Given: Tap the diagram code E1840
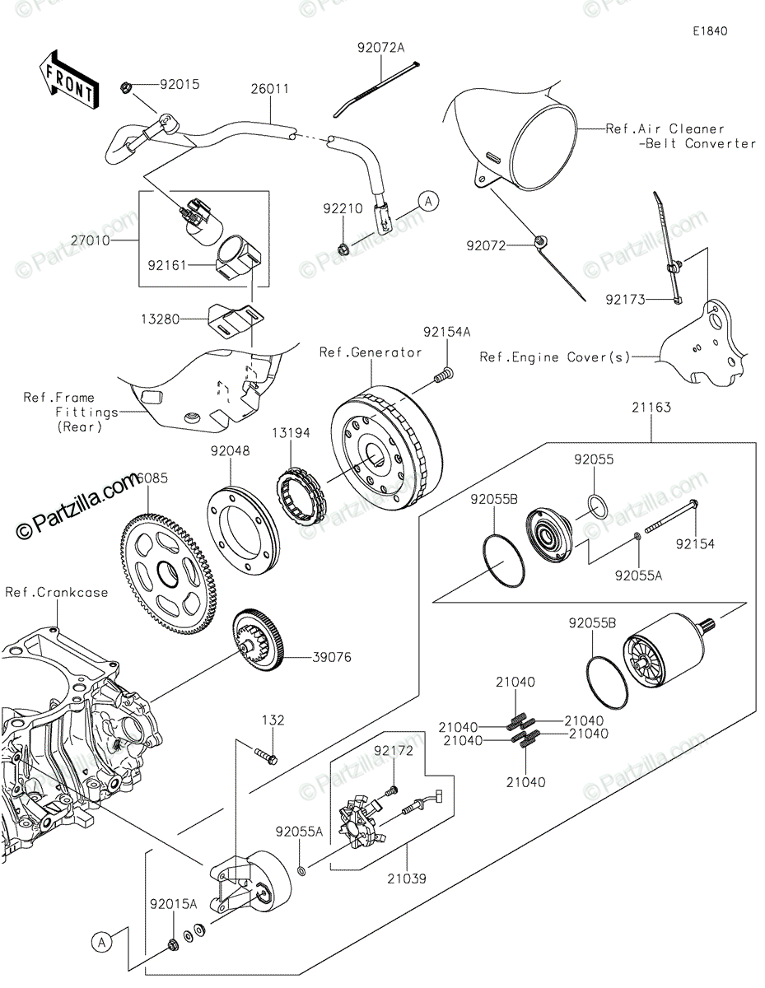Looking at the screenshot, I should [710, 32].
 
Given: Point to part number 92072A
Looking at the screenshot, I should [381, 48].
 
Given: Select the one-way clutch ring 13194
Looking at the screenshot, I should [301, 493].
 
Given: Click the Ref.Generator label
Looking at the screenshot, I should [371, 352].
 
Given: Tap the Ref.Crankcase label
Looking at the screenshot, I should [56, 592].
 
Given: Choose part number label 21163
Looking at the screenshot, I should [651, 408].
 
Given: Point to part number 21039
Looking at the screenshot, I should [407, 878].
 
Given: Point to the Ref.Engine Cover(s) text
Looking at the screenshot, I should [555, 357].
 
